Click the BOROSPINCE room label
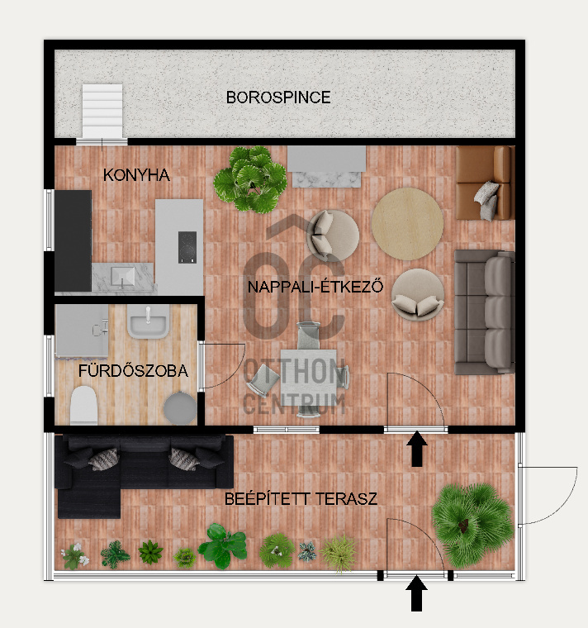tap(278, 98)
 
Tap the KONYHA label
tap(136, 175)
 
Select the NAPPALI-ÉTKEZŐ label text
tap(315, 287)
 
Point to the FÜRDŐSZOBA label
tap(133, 370)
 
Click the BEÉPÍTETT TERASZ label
tap(301, 499)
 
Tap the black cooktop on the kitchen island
tap(187, 247)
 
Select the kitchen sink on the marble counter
tap(123, 276)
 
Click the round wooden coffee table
tap(407, 224)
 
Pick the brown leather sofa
tap(485, 183)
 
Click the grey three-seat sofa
tap(485, 312)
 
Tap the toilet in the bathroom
tap(83, 406)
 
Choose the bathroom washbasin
tap(147, 321)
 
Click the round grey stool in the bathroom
tap(180, 407)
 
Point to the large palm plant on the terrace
tap(472, 525)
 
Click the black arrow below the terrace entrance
tap(417, 593)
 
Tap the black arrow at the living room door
tap(417, 449)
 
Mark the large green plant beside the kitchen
tap(250, 178)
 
